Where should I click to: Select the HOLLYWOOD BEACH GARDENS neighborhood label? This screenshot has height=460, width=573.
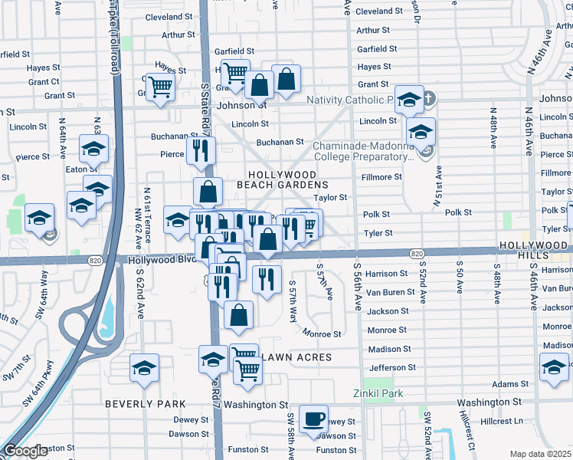(288, 180)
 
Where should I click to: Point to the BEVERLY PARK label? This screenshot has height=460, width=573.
(146, 403)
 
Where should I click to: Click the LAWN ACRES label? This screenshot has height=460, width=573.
(297, 357)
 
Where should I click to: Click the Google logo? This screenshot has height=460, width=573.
(26, 451)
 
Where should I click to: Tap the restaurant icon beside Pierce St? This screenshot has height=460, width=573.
(201, 150)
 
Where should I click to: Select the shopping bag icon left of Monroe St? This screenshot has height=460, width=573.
(239, 314)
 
